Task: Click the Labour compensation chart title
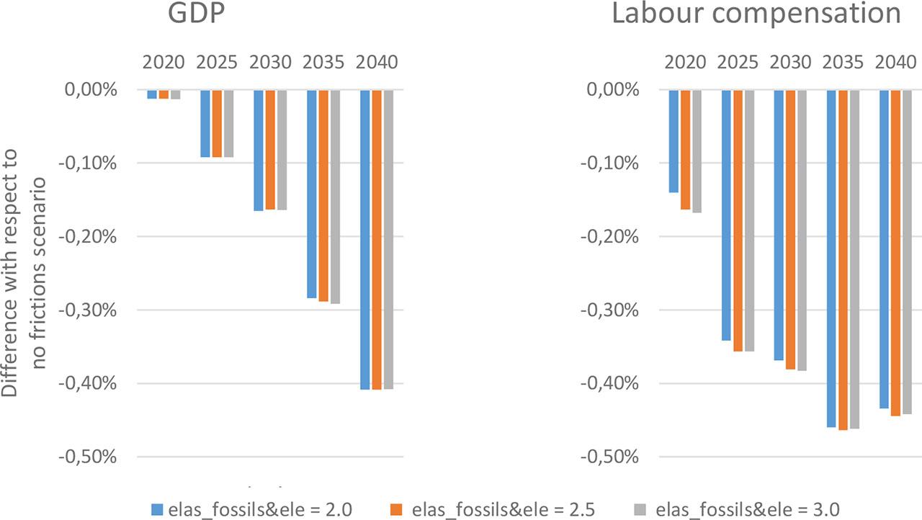point(756,14)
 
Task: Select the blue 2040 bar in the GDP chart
point(365,239)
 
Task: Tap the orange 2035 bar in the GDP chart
point(323,195)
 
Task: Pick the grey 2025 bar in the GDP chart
point(228,123)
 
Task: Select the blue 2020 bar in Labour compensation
point(673,141)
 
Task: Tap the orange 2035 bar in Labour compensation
point(843,259)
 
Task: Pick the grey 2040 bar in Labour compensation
point(908,251)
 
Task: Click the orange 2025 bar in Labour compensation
point(738,220)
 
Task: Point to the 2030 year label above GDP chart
point(270,63)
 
